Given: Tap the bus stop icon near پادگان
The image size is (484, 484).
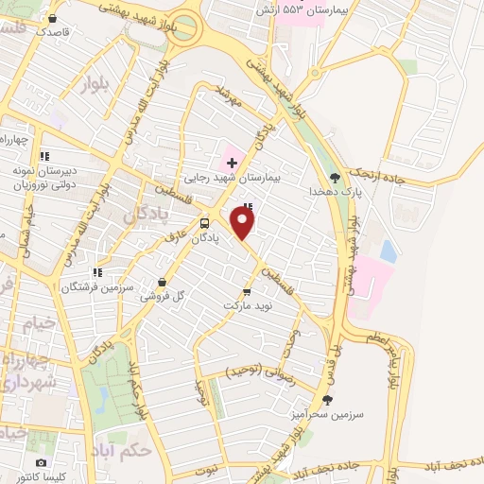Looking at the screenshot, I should pos(205,224).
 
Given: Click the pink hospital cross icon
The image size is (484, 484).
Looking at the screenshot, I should pos(232,163).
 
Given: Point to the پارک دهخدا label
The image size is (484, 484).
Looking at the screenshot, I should pos(335,191).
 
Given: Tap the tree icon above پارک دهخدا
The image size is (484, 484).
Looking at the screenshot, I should pos(335,177).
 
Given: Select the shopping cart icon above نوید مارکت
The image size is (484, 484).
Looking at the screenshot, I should pos(248,292).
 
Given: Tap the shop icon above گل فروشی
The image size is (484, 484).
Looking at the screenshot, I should pos(163,282).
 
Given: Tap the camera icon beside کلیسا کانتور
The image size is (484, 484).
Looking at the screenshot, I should pos(41,463).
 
